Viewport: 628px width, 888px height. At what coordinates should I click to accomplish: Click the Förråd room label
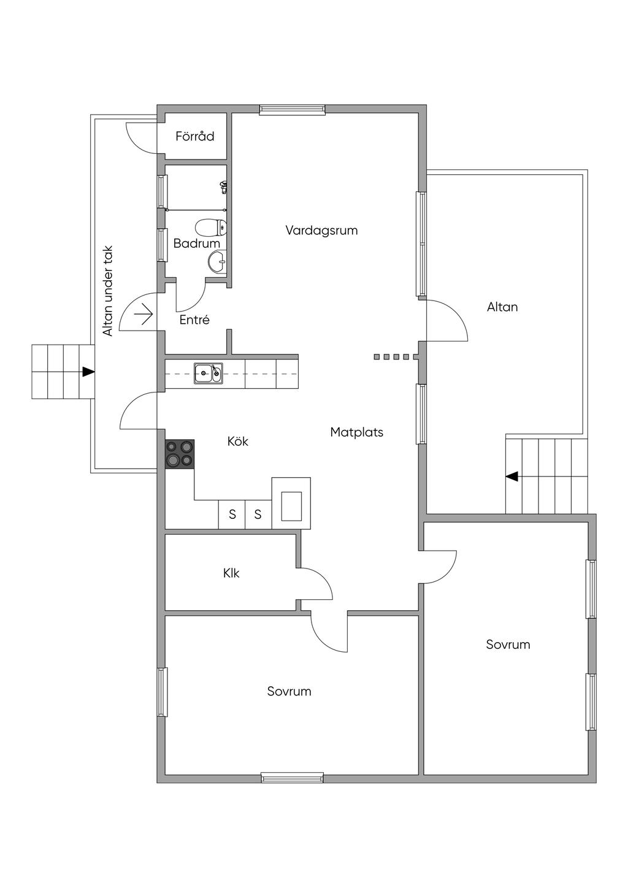tap(194, 136)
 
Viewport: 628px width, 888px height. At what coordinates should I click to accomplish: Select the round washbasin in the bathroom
tap(217, 261)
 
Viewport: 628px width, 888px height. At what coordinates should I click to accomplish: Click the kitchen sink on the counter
tap(208, 373)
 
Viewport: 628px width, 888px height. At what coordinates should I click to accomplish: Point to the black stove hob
tap(180, 454)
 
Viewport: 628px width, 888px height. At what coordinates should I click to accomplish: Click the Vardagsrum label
tap(321, 231)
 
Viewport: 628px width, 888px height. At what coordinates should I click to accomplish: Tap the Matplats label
tap(356, 432)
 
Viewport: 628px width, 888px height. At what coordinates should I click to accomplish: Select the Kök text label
tap(238, 441)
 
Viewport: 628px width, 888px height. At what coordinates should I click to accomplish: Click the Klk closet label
tap(231, 573)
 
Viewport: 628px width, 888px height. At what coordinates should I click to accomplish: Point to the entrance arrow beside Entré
tap(144, 314)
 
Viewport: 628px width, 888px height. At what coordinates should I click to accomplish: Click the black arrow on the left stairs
tap(88, 372)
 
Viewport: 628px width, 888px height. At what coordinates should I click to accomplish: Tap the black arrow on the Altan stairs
tap(512, 476)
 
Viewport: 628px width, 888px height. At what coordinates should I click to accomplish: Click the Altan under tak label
tap(108, 291)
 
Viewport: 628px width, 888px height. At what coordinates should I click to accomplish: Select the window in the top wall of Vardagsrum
tap(292, 110)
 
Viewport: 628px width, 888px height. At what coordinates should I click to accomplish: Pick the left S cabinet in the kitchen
tap(232, 515)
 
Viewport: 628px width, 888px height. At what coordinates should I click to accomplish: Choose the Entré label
tap(194, 320)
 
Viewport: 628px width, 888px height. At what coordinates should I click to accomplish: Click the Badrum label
tap(197, 243)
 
